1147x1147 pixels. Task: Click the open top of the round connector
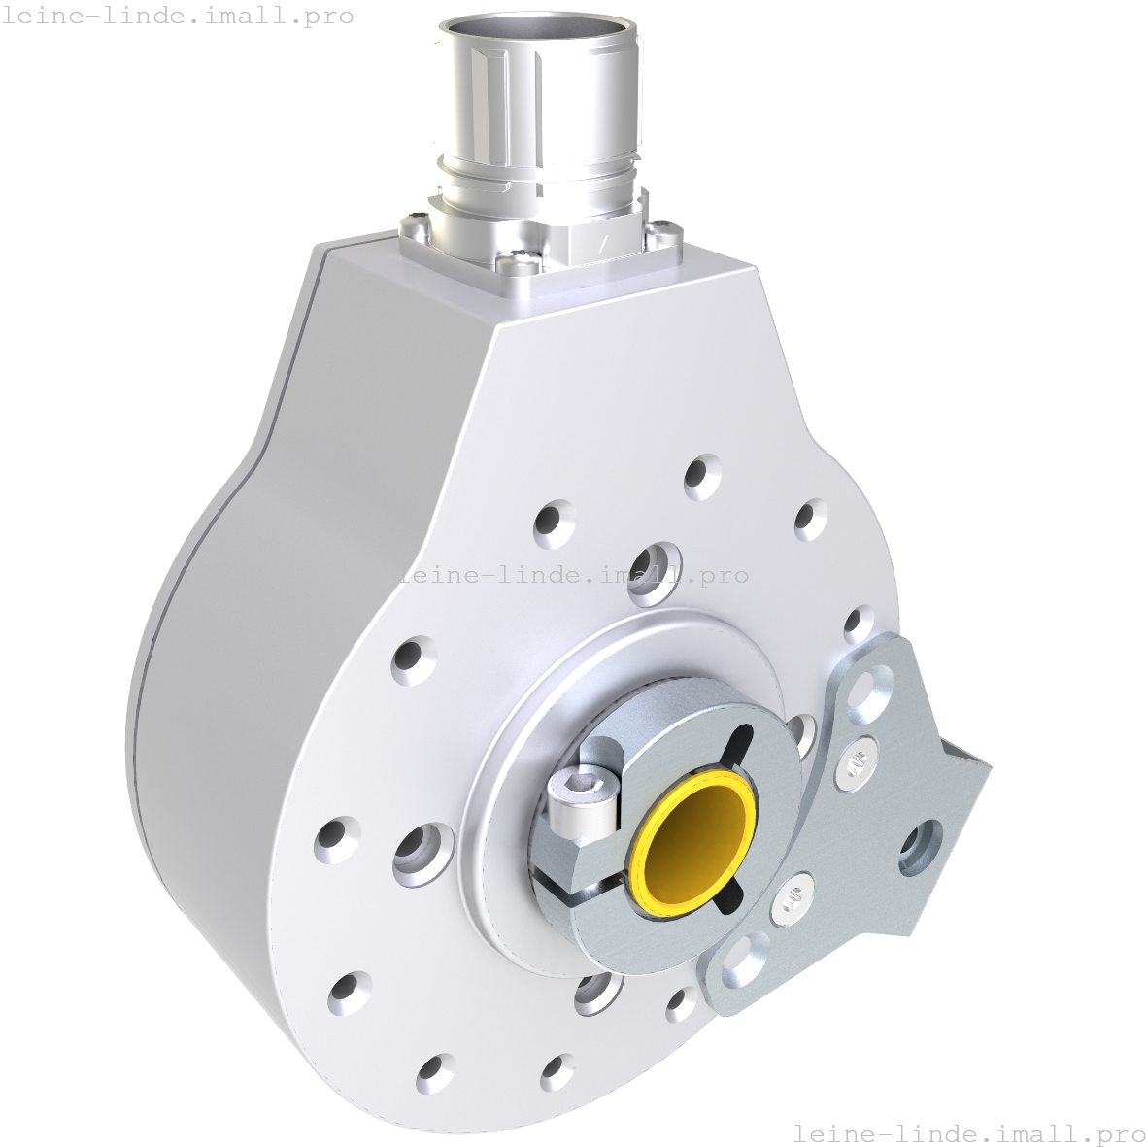pyautogui.click(x=538, y=33)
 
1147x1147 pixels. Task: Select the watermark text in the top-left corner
pyautogui.click(x=178, y=17)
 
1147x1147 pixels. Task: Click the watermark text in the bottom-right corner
pyautogui.click(x=969, y=1133)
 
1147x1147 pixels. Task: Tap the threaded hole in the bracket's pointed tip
pyautogui.click(x=920, y=847)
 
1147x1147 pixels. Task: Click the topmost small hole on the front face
pyautogui.click(x=702, y=477)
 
